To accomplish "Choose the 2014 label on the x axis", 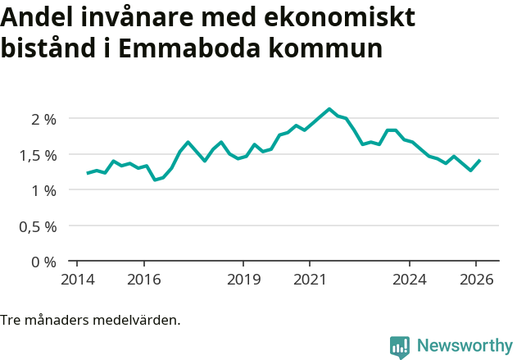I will [x=77, y=279].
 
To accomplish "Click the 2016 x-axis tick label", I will [x=143, y=279].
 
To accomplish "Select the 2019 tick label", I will [x=243, y=279].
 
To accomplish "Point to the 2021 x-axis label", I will [x=310, y=279].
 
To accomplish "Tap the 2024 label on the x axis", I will [x=410, y=279].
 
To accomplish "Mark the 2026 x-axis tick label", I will [x=476, y=279].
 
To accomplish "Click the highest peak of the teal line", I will [x=329, y=109].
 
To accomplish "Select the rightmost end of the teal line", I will [x=479, y=161].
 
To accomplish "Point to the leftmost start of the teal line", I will [x=88, y=173].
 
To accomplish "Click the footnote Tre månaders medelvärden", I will [x=90, y=320].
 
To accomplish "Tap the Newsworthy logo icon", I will [x=400, y=347].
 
